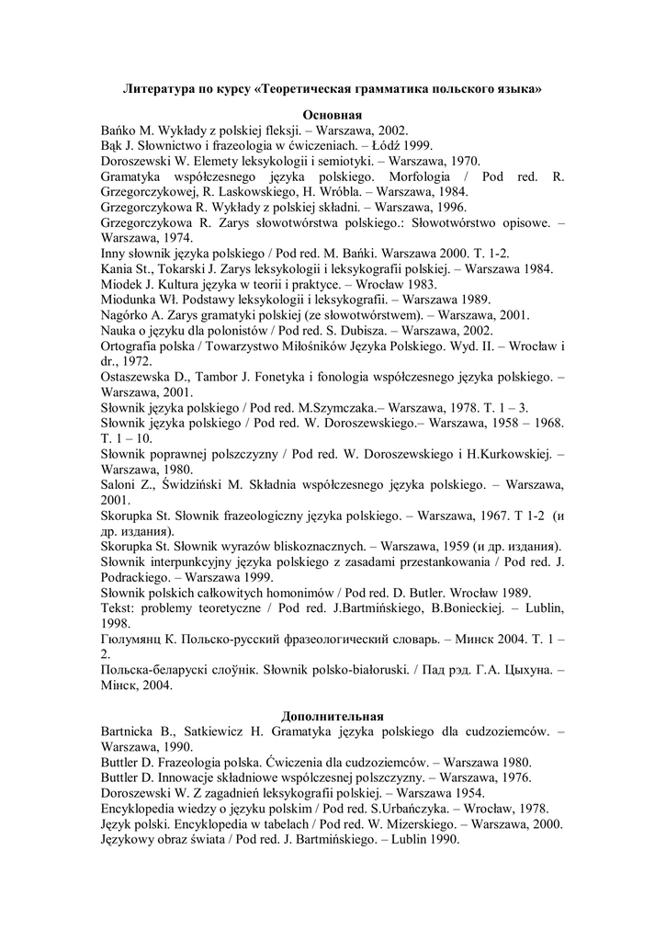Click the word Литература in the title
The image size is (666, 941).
pos(157,90)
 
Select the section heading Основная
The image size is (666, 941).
pos(333,116)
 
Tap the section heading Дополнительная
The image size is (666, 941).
pos(333,716)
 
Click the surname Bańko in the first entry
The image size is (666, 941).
pos(119,130)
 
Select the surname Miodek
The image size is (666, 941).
pos(124,284)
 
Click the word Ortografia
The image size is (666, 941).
pos(134,346)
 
